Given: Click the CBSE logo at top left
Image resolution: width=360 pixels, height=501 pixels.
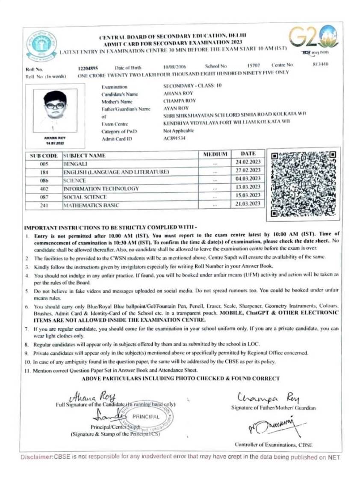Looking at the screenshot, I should pyautogui.click(x=41, y=46).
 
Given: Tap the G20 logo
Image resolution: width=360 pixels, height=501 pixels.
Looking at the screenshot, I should pyautogui.click(x=313, y=38).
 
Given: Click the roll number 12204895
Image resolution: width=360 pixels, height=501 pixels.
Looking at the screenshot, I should pyautogui.click(x=88, y=68).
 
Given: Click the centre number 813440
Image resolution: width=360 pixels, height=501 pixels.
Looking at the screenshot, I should pyautogui.click(x=320, y=65).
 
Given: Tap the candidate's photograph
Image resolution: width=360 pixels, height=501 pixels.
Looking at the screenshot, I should pyautogui.click(x=55, y=111).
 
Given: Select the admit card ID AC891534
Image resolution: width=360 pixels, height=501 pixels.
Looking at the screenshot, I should pyautogui.click(x=174, y=139).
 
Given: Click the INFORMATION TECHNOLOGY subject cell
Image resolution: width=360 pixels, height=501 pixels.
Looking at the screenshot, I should pyautogui.click(x=101, y=189).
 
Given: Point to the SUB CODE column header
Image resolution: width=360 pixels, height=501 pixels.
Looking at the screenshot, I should pyautogui.click(x=44, y=156).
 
